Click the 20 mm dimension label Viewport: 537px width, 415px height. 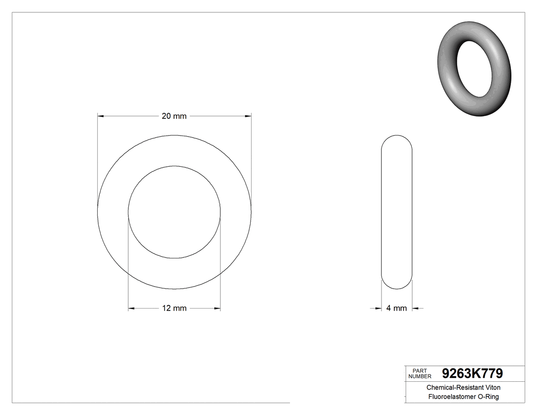coord(174,116)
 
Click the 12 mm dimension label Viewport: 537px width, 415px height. coord(174,308)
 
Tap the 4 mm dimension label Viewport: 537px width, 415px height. coord(396,308)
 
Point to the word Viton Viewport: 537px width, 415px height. coord(490,388)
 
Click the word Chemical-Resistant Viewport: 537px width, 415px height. coord(453,388)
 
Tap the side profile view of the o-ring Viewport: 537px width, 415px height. coord(397,212)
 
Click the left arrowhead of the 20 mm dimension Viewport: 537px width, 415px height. coord(101,116)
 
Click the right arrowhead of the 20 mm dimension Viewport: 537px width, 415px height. coord(248,116)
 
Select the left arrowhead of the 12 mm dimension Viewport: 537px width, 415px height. coord(131,308)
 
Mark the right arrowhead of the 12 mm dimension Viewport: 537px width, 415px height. coord(217,308)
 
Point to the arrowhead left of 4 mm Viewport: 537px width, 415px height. coord(378,308)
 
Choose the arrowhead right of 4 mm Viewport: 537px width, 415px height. coord(416,308)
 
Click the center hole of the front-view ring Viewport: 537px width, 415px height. coord(174,212)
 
